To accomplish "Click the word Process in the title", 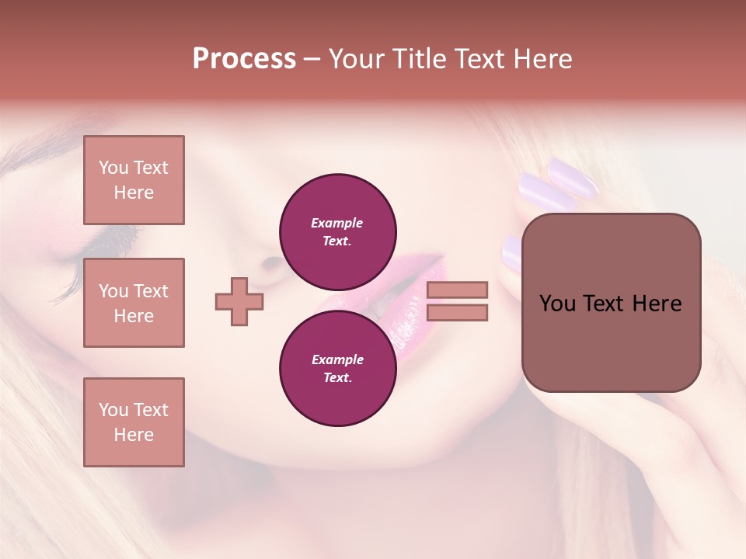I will [x=244, y=59].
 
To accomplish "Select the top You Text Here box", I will [x=134, y=180].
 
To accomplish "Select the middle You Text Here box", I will [x=134, y=303].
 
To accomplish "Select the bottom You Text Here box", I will [x=134, y=422].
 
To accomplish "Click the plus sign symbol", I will [x=239, y=301].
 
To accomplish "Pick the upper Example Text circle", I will [x=337, y=232].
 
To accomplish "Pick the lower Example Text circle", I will [x=337, y=369].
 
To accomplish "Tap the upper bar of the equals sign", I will [x=457, y=290].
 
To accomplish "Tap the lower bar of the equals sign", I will [x=457, y=313].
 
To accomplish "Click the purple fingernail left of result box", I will [x=511, y=253].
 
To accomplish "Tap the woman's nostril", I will [x=272, y=264].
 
